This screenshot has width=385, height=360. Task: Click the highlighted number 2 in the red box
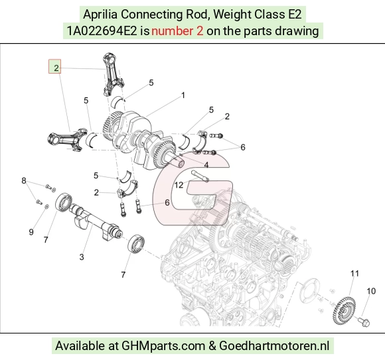tap(56, 68)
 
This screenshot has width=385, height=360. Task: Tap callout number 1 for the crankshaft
tap(183, 95)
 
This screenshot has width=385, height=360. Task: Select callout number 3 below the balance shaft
tap(82, 257)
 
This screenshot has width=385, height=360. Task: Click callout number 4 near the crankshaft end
tap(206, 165)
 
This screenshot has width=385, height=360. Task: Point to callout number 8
tap(24, 181)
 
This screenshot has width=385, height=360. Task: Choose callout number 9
tap(31, 232)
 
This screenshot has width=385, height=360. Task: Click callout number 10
tap(371, 291)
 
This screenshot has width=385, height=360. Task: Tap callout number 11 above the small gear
tap(354, 273)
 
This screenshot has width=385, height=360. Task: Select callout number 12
tap(179, 185)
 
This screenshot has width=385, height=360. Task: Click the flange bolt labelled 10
tap(364, 322)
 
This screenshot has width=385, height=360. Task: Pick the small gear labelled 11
tap(344, 311)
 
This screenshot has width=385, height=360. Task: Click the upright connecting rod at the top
tap(112, 74)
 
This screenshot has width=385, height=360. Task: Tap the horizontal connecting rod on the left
tap(68, 139)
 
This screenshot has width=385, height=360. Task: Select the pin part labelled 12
tap(200, 176)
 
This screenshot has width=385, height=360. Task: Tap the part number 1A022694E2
tap(102, 31)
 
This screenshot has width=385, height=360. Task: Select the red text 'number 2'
tap(177, 31)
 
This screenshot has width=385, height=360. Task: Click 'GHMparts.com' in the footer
tap(163, 346)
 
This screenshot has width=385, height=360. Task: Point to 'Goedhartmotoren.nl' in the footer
tap(274, 346)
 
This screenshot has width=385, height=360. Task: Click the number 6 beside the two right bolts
tap(242, 147)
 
